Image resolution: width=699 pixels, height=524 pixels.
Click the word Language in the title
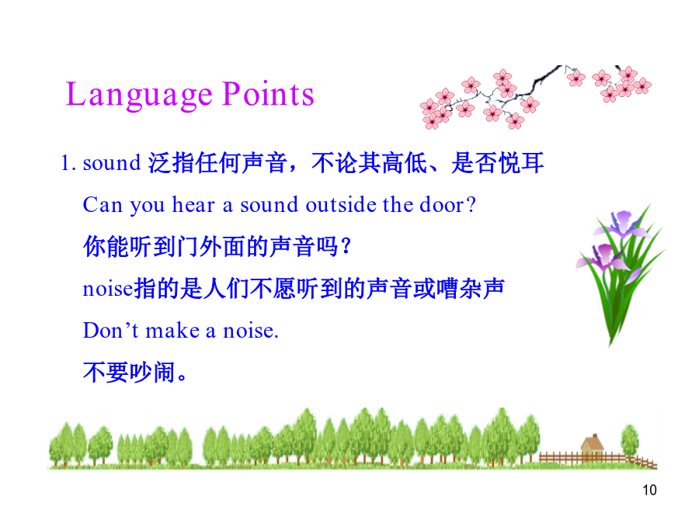click(139, 95)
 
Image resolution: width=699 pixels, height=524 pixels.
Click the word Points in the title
click(269, 94)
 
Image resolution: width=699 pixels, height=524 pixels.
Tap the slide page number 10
click(649, 490)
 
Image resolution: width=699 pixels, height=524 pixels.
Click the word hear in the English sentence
click(193, 204)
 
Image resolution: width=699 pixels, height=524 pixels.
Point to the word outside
click(341, 204)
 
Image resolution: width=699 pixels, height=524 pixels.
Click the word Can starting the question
click(103, 205)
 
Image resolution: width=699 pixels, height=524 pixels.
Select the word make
click(172, 331)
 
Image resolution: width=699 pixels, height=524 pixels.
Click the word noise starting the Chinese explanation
click(108, 290)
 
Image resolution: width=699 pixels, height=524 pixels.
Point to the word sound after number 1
click(112, 163)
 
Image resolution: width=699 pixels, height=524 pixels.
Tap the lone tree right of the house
click(630, 440)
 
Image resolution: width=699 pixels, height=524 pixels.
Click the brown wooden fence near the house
click(597, 459)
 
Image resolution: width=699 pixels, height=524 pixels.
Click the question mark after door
click(471, 204)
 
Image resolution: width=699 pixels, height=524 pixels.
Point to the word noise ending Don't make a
click(251, 331)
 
